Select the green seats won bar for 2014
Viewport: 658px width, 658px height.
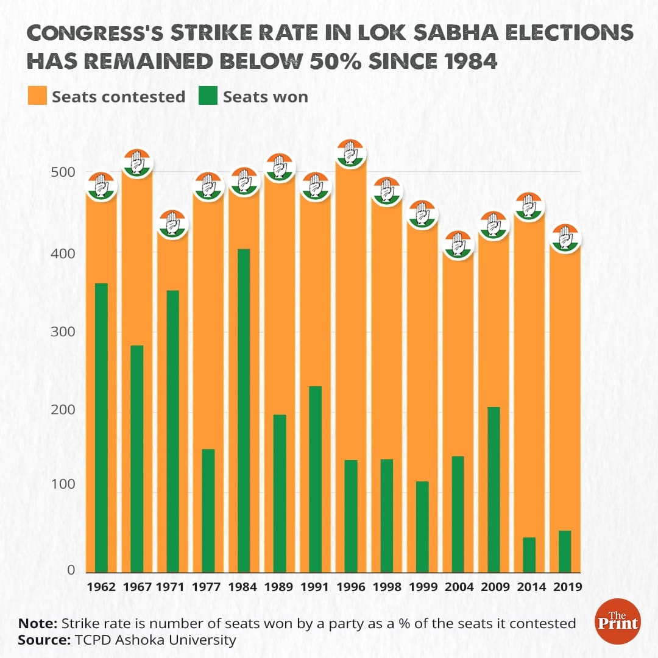click(529, 554)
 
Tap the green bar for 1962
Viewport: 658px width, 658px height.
click(101, 427)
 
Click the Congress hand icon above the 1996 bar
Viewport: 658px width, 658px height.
click(351, 153)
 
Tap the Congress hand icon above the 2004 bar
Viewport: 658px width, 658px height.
click(458, 245)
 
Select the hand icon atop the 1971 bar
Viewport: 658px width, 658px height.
click(173, 224)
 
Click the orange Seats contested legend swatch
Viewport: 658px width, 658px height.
click(37, 96)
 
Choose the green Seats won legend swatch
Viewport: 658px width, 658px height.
click(208, 96)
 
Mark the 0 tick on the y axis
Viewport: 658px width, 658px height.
click(71, 570)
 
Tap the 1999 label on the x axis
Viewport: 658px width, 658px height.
click(422, 587)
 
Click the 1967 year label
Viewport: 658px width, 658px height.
click(137, 587)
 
